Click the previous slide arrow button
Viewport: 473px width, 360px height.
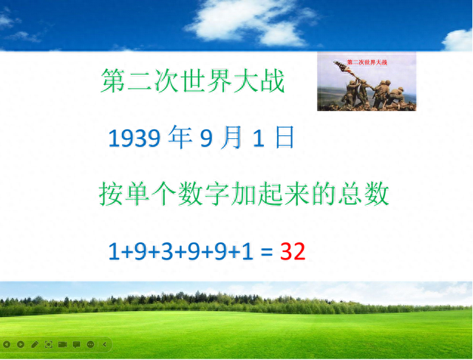click(x=7, y=344)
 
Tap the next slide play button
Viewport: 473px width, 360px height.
click(x=21, y=344)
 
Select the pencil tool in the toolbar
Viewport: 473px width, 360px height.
click(x=35, y=344)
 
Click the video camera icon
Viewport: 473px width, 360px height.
click(x=62, y=344)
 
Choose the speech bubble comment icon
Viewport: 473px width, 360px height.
click(x=76, y=344)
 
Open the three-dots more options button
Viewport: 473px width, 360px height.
click(x=90, y=344)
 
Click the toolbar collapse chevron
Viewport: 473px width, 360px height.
click(x=104, y=344)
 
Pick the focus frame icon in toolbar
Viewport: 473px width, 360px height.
click(x=49, y=344)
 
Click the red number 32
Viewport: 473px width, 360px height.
click(x=293, y=251)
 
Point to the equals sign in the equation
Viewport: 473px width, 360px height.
click(x=267, y=252)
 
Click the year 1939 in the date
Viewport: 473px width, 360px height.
click(x=135, y=138)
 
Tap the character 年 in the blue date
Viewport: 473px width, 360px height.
click(x=180, y=137)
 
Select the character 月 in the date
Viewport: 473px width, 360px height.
click(x=231, y=137)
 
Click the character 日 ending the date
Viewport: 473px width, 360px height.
click(x=285, y=137)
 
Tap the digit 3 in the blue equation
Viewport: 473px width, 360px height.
click(x=167, y=251)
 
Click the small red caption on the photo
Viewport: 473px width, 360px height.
click(x=367, y=63)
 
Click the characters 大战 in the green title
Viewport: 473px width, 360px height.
click(x=259, y=81)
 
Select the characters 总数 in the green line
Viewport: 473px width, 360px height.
click(x=364, y=194)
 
